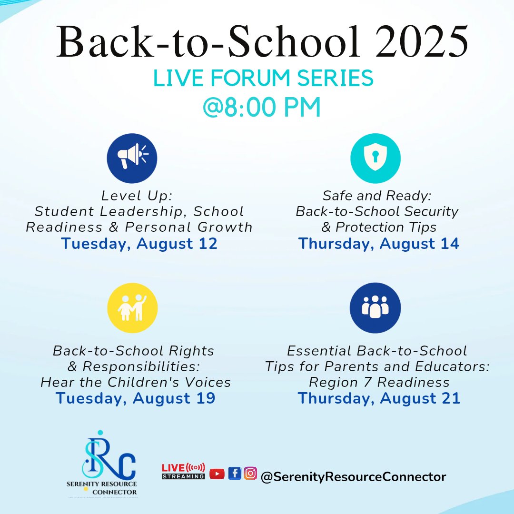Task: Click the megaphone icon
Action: pyautogui.click(x=132, y=158)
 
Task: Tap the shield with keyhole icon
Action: pyautogui.click(x=375, y=158)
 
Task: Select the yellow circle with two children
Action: pyautogui.click(x=132, y=308)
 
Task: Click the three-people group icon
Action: pyautogui.click(x=375, y=308)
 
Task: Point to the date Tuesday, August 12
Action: pyautogui.click(x=139, y=244)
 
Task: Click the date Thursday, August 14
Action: pyautogui.click(x=379, y=244)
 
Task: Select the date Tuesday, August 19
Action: pyautogui.click(x=136, y=398)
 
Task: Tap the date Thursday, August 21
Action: pyautogui.click(x=379, y=398)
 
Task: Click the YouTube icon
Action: pyautogui.click(x=217, y=474)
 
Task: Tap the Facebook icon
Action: pyautogui.click(x=235, y=473)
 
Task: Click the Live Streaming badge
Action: pyautogui.click(x=184, y=471)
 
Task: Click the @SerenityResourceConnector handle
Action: pyautogui.click(x=353, y=477)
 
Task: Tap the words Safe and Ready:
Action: pyautogui.click(x=377, y=196)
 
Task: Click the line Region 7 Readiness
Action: pyautogui.click(x=379, y=382)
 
